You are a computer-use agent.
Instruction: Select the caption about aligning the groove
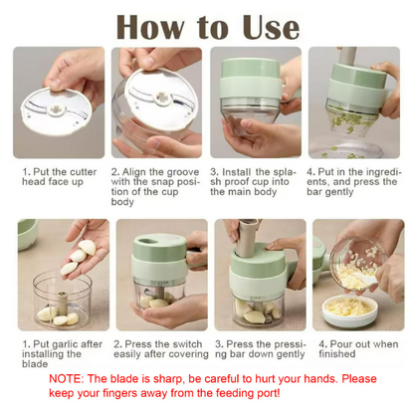157,185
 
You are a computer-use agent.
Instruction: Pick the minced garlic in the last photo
360,293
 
